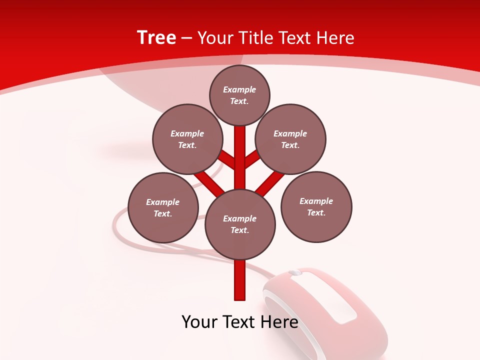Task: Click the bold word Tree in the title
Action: (x=156, y=37)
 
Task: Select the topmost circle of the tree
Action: (x=239, y=95)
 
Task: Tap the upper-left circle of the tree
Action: (x=187, y=139)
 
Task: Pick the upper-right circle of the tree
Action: (x=290, y=139)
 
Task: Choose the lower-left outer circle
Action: (x=163, y=207)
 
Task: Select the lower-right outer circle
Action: (x=316, y=206)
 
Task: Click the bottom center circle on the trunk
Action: (x=240, y=224)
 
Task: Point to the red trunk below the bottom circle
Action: (x=240, y=280)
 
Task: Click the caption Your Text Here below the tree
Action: (x=240, y=322)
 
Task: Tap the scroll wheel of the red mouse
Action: (x=295, y=272)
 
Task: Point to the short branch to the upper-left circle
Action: (x=228, y=159)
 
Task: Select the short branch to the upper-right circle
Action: (x=252, y=158)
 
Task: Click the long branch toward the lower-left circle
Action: (x=209, y=182)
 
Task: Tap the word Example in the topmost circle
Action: (x=239, y=89)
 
